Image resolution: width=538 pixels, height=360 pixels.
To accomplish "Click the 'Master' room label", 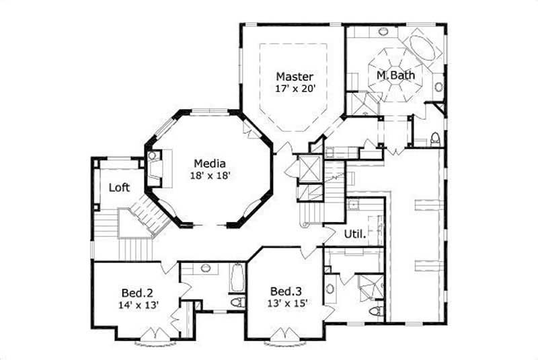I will click(x=294, y=76).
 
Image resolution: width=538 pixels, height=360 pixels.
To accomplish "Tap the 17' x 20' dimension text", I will click(x=294, y=87).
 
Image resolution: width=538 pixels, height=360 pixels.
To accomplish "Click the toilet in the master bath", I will click(x=434, y=139).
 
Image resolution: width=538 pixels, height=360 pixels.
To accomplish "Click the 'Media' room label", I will click(x=209, y=164).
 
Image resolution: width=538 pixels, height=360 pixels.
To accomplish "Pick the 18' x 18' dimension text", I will click(x=209, y=176).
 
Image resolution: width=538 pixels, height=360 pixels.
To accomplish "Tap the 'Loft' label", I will click(x=119, y=188).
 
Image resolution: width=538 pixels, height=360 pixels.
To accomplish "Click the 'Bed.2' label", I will click(x=137, y=293).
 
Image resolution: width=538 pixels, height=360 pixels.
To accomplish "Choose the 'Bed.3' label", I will click(x=285, y=291).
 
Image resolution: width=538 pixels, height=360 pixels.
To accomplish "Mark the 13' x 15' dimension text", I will click(x=285, y=303).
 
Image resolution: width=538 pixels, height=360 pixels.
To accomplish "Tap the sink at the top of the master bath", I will click(x=383, y=32).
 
